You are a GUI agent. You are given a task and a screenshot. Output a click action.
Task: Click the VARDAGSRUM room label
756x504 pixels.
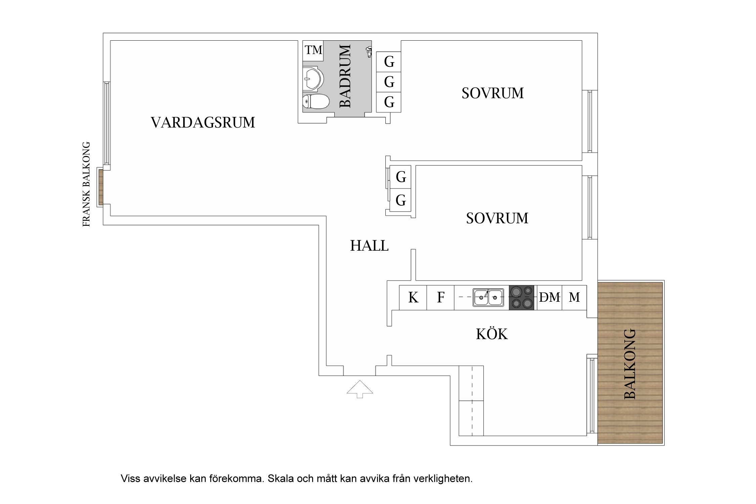203,123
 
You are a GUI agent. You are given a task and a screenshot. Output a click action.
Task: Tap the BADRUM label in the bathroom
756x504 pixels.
345,76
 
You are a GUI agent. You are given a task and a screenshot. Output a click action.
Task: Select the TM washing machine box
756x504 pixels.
313,50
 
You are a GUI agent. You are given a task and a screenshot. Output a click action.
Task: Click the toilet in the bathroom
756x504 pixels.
316,101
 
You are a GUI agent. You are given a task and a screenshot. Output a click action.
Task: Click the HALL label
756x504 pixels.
369,246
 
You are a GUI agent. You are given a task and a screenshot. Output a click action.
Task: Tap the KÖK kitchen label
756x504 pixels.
492,334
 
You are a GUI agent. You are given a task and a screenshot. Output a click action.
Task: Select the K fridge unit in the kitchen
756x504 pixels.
413,297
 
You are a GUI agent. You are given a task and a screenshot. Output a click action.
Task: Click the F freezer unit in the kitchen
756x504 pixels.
440,297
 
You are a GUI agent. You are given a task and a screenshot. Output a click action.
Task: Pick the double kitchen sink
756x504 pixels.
488,297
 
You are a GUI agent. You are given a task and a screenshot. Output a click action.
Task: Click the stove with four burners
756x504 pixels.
521,297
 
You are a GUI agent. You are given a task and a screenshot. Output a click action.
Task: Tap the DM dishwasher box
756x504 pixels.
550,297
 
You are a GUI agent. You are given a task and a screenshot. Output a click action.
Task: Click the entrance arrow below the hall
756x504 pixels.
360,389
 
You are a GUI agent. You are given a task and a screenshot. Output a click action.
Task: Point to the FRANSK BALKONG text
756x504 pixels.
86,184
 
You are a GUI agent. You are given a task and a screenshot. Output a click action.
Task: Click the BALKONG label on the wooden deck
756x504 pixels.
630,364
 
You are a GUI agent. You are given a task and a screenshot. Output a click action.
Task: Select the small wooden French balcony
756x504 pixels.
100,187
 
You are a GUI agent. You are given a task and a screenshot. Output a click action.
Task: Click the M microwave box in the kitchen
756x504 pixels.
574,297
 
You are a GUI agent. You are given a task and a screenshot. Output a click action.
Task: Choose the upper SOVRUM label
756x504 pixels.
493,93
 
